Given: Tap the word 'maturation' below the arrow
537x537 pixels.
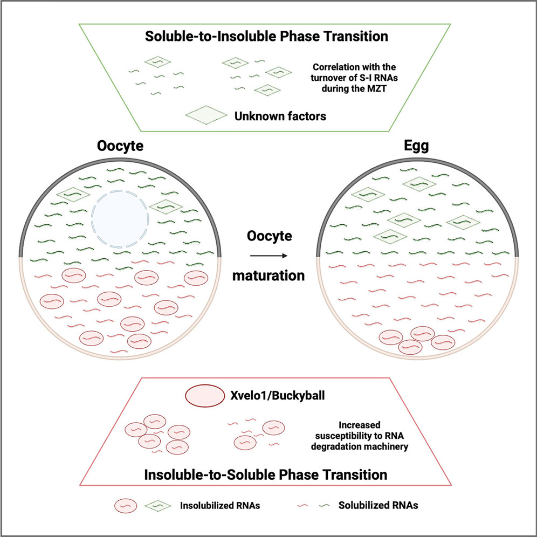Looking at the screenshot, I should pos(268,276).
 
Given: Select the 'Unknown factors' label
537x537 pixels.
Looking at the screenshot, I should pos(280,115).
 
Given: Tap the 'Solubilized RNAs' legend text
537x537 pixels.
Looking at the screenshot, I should pos(379,505).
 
